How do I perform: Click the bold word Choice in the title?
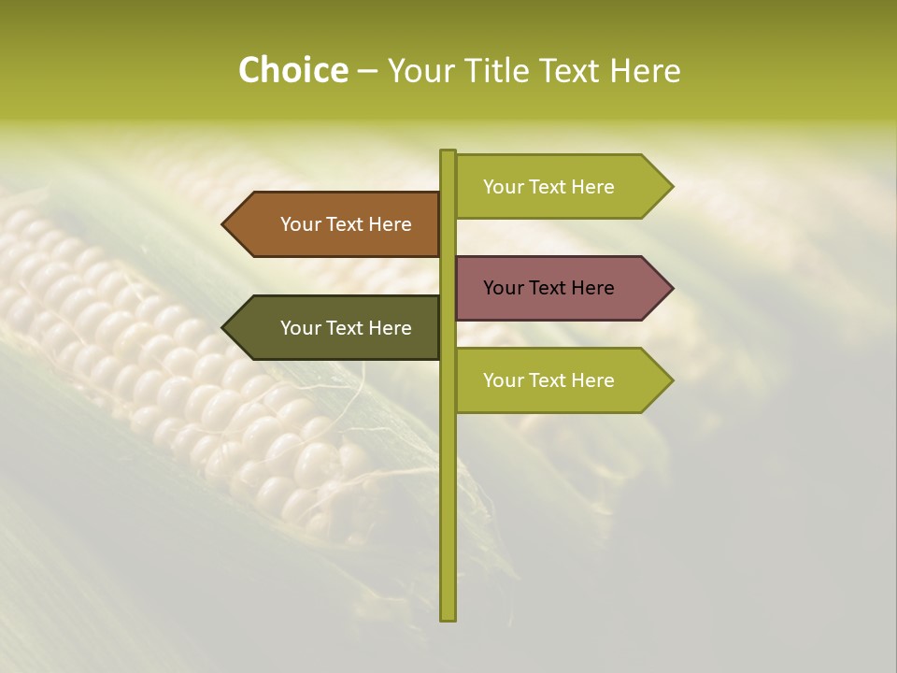tap(292, 70)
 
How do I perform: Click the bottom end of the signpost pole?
tap(448, 617)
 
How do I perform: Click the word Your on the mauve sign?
tap(503, 288)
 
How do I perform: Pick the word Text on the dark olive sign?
tap(345, 328)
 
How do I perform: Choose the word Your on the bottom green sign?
tap(503, 380)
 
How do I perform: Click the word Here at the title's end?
tap(645, 70)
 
